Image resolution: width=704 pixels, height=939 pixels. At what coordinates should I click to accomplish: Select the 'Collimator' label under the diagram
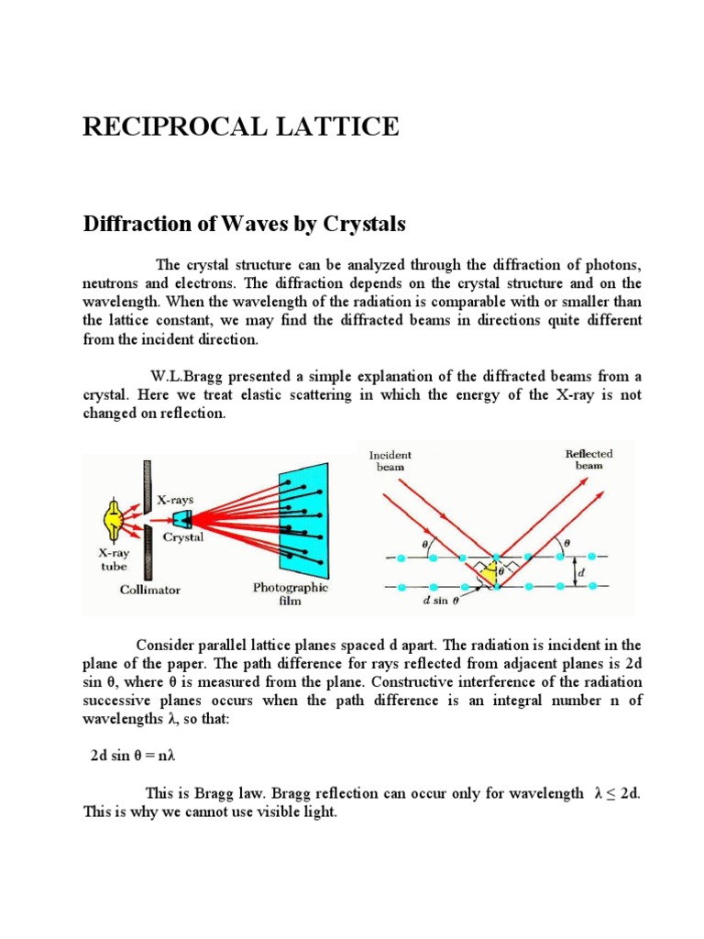(x=150, y=590)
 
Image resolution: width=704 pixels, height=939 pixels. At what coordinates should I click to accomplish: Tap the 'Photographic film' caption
(x=291, y=594)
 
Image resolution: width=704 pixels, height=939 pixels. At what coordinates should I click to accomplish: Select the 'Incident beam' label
(x=390, y=460)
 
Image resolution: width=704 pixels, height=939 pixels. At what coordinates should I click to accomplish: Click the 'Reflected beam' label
(x=588, y=459)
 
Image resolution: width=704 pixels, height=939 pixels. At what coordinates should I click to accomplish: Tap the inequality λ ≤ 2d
(x=611, y=792)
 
